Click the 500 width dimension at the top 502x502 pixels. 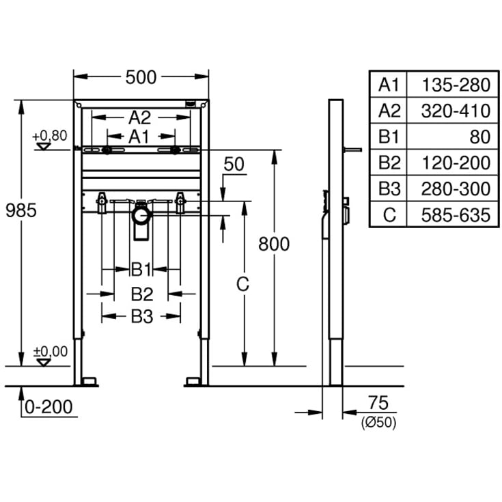pos(140,77)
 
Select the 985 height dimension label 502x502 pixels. pos(20,210)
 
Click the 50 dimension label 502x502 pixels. pos(234,164)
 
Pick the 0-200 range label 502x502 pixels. pos(48,407)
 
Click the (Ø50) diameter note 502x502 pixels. pos(378,423)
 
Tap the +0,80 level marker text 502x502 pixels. pos(50,135)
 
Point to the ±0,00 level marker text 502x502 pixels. pos(51,351)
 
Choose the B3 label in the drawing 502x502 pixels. pos(141,316)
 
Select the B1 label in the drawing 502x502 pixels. pos(141,269)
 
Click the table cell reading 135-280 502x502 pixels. pos(456,85)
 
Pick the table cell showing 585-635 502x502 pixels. pos(456,215)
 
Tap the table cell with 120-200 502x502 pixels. pos(456,163)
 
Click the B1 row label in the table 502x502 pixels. pos(389,137)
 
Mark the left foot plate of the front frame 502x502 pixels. pos(86,381)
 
